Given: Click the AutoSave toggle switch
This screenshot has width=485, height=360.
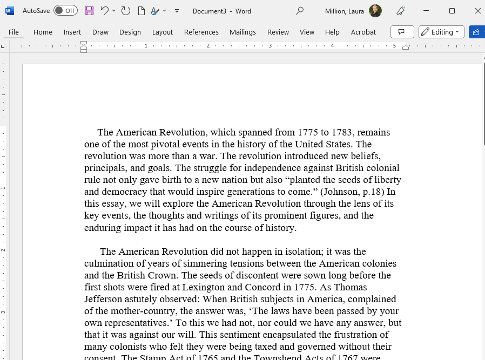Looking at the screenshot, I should point(65,11).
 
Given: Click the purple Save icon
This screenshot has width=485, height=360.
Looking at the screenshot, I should point(89,11).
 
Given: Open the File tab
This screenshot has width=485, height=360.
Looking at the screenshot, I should point(14,32).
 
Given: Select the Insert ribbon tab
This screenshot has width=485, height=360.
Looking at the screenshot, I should point(72,32).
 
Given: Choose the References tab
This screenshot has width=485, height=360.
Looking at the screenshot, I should point(201,32).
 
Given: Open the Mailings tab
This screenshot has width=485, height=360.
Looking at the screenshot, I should point(242,32).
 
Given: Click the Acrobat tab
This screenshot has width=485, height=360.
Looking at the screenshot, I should point(363,32).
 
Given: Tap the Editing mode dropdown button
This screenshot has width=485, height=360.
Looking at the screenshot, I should point(441,32).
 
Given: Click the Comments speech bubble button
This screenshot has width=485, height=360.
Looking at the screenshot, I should point(402,32).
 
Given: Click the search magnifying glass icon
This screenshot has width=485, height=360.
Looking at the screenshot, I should point(300,11).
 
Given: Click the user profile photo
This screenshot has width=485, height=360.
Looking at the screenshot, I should point(375,11).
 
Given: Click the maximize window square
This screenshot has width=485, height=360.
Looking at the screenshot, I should point(452,11).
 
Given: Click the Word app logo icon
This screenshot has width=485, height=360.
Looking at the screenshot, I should point(10,11).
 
